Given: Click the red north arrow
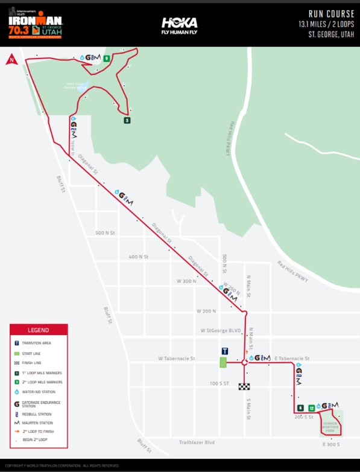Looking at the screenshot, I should (x=10, y=59).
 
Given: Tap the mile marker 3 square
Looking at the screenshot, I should (x=127, y=120).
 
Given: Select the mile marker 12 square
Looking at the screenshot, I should (x=312, y=408).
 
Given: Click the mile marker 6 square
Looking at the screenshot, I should (x=300, y=408).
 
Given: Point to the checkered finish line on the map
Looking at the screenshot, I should (x=244, y=386).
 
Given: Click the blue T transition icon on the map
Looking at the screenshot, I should (x=224, y=351).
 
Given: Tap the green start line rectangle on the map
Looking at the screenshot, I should (x=223, y=363).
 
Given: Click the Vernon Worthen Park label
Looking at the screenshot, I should (x=330, y=425).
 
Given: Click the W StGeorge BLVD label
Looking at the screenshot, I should (x=221, y=331).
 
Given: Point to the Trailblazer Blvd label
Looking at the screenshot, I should (x=197, y=442).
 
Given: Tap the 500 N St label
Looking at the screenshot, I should (x=105, y=233).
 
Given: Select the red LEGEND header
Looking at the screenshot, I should (x=39, y=330).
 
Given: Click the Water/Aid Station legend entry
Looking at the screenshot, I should (x=39, y=392).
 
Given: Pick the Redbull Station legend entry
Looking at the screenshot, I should (x=37, y=415).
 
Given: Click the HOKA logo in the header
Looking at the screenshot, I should (x=179, y=24).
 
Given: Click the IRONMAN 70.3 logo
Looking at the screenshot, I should (x=35, y=23).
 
